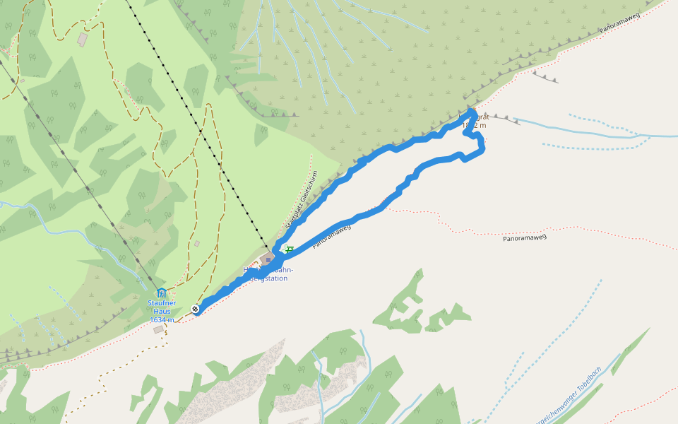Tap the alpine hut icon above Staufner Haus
pos(162,293)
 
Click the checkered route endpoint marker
pos(195,309)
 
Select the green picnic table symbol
pos(289,250)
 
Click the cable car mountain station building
pos(267,259)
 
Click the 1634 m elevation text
pos(162,320)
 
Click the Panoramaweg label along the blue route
pos(332,236)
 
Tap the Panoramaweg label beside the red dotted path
pos(525,238)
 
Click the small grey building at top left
pos(83,38)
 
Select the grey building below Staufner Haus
pos(158,329)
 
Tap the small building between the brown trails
pos(197,244)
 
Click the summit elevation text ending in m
pos(474,125)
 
